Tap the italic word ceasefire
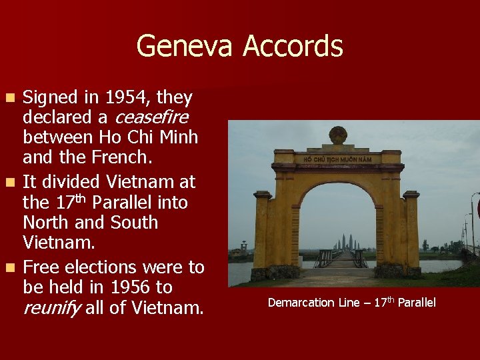[152, 117]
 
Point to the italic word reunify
[51, 308]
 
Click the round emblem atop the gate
[338, 134]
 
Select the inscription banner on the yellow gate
[338, 159]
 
